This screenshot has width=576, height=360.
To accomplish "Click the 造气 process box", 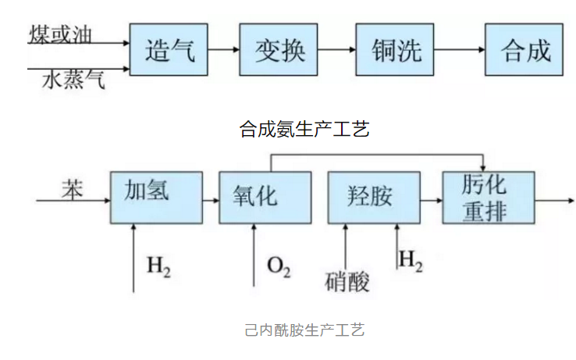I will (x=169, y=50).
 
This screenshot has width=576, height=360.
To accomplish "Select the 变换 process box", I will (x=279, y=50).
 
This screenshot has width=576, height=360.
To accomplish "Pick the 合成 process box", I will (x=524, y=50).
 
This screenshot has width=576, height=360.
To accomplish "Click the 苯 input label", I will (x=72, y=190).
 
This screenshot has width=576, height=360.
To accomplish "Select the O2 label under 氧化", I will (x=279, y=268).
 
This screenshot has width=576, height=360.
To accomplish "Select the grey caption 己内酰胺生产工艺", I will (x=304, y=330).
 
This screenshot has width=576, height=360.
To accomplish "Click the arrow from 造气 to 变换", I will (x=224, y=50).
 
